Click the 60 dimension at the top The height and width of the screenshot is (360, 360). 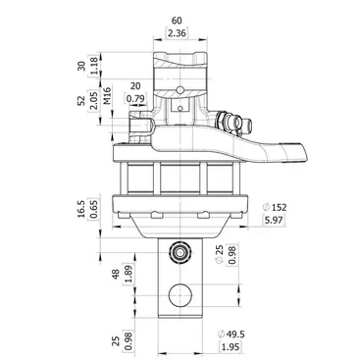tap(177, 21)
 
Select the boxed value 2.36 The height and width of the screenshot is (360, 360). tap(177, 33)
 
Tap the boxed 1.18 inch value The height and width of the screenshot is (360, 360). tap(93, 66)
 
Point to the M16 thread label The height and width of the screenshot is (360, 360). tap(107, 96)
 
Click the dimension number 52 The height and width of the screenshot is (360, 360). tap(81, 100)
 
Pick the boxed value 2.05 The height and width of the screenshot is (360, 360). tap(93, 101)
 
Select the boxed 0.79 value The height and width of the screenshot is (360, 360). tap(135, 98)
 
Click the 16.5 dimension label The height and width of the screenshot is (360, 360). tap(81, 209)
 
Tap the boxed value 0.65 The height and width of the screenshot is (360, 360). tap(93, 209)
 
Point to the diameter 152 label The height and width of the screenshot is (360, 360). tap(275, 207)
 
